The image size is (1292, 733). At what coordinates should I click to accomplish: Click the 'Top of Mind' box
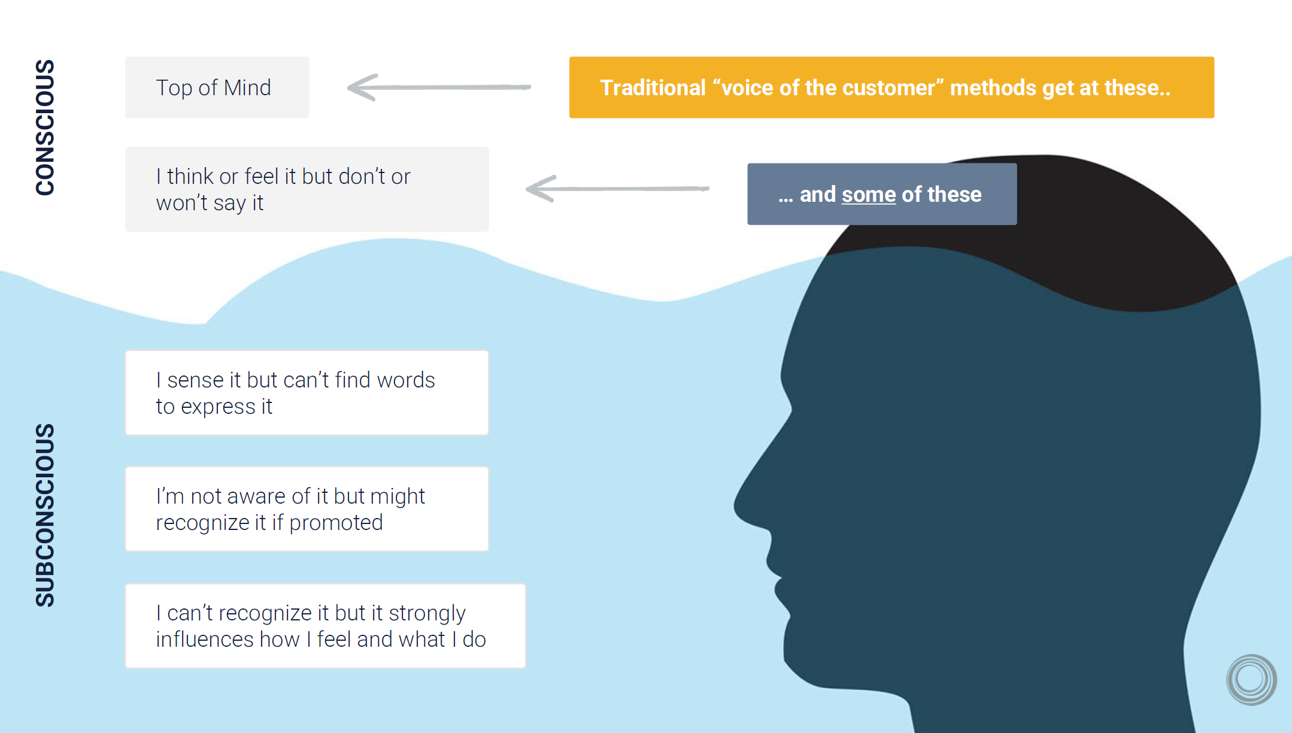coord(217,87)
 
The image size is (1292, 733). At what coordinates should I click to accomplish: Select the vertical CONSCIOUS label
coord(46,127)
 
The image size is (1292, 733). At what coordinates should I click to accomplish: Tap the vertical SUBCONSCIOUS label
coord(46,515)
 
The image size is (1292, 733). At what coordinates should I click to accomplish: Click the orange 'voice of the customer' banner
coord(891,87)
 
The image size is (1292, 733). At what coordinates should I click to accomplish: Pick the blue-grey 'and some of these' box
coord(881,194)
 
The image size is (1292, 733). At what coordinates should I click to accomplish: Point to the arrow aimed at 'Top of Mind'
coord(438,87)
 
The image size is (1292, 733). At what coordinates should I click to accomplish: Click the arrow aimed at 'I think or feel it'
coord(617,189)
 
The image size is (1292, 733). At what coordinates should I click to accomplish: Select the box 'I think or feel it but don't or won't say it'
coord(307,189)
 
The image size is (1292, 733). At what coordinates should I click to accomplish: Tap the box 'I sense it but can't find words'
coord(307,393)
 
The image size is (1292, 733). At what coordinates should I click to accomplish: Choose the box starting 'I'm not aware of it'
coord(307,509)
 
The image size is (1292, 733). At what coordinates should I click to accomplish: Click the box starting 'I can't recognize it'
coord(325,626)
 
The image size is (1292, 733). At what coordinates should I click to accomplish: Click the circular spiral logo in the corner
coord(1251,679)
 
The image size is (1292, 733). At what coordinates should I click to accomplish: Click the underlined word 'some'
coord(868,195)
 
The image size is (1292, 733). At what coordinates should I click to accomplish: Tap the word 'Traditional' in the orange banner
coord(653,88)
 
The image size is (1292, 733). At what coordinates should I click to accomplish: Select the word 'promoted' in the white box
coord(336,523)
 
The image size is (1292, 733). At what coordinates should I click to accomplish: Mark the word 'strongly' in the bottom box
coord(427,613)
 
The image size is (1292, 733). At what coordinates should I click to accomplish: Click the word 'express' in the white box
coord(218,407)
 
